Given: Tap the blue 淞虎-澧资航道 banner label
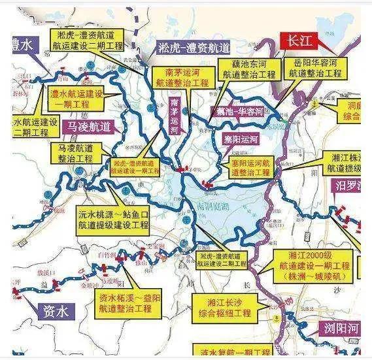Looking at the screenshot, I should [x=194, y=47].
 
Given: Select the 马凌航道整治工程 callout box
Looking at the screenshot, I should [x=78, y=155].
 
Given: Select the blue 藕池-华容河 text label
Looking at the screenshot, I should [x=241, y=111].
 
